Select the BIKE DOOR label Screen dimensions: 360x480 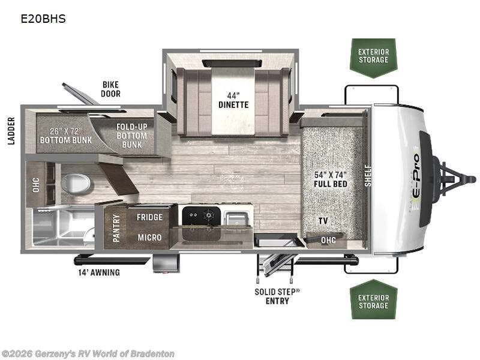coord(111,89)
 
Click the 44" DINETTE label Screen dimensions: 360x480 coord(233,100)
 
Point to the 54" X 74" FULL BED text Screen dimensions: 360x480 coord(331,179)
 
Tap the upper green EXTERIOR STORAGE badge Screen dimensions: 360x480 coord(373,56)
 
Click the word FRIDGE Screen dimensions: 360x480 coord(149,217)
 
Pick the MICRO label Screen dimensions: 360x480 coord(149,238)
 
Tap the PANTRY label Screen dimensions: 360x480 coord(116,227)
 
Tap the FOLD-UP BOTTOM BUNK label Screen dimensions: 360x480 coord(133,135)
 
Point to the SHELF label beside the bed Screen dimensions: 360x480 coord(368,175)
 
